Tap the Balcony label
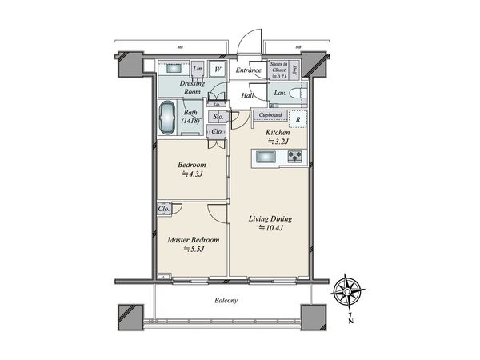tap(227, 301)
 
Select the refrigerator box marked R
tap(298, 120)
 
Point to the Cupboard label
tap(269, 115)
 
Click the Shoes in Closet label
tap(279, 70)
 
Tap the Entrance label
tap(249, 70)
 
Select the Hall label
tap(249, 95)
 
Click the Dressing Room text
tap(192, 86)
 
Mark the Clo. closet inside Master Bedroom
tap(164, 210)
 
